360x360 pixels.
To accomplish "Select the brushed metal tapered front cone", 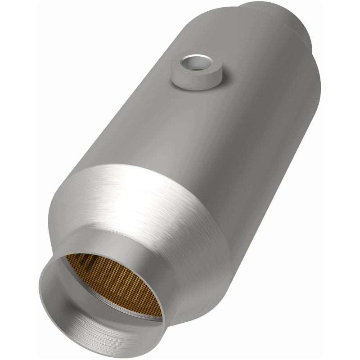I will [148, 202].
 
